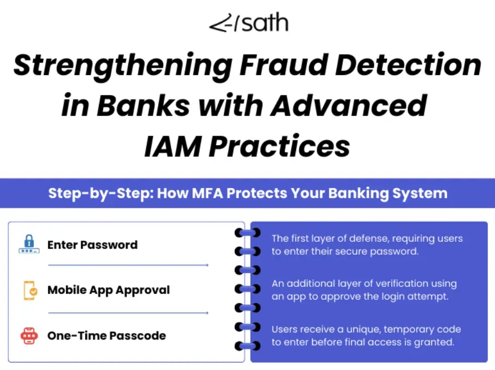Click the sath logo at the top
click(248, 24)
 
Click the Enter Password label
click(92, 244)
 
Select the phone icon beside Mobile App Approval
click(30, 290)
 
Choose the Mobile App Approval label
click(109, 290)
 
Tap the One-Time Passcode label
click(106, 336)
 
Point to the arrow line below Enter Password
click(128, 266)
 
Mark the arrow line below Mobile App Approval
click(128, 313)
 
